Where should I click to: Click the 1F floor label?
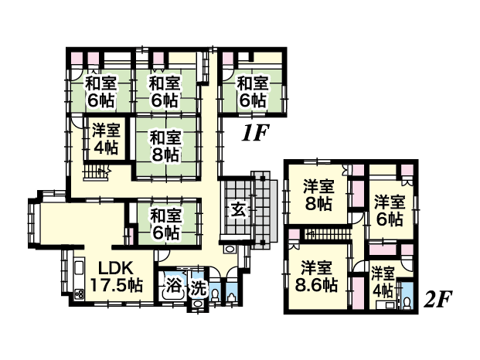coord(254,132)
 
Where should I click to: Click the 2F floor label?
coord(437,300)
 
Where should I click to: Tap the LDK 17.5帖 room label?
coord(117,277)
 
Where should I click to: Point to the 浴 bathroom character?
coord(174,287)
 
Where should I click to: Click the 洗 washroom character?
coord(198,288)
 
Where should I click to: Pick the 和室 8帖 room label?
coord(165,146)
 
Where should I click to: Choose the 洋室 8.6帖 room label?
coord(316,277)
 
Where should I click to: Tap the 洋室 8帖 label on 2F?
coord(318,195)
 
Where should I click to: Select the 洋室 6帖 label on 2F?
coord(390,210)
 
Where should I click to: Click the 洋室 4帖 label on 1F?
coord(106,139)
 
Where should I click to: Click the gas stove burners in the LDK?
coord(80,294)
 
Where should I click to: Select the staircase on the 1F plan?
coord(96,173)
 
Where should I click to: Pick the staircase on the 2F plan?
coord(327,234)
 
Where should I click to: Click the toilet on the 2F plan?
coord(407,303)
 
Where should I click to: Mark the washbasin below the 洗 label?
coord(197,304)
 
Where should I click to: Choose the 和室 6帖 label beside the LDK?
coord(165,224)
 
